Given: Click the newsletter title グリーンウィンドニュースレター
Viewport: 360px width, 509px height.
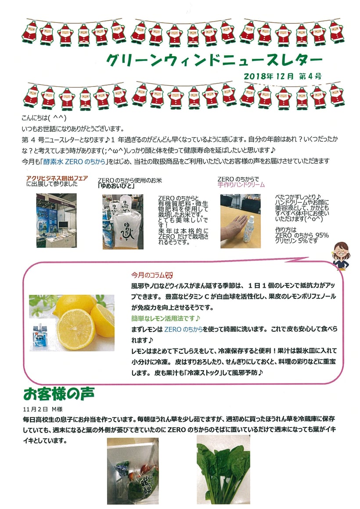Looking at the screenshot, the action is point(214,60).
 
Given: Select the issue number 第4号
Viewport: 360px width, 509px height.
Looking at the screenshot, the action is point(310,76).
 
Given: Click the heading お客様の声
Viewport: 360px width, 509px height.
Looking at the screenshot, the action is point(59,394).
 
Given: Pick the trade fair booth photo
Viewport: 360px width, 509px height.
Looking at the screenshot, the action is point(57,220).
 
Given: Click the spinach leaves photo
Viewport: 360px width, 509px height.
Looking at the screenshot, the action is point(223,470).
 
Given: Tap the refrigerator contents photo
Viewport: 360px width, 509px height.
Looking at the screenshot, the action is point(133,471).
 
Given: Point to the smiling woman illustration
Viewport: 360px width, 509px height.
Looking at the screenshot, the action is point(341,255).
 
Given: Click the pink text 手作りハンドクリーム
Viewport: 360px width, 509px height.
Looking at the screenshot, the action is point(241,185).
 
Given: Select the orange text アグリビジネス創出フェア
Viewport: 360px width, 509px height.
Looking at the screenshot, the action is point(57,178).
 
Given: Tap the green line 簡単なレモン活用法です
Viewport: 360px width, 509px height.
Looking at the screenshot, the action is point(166,319).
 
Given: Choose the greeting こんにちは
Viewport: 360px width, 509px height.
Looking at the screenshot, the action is point(35,118).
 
